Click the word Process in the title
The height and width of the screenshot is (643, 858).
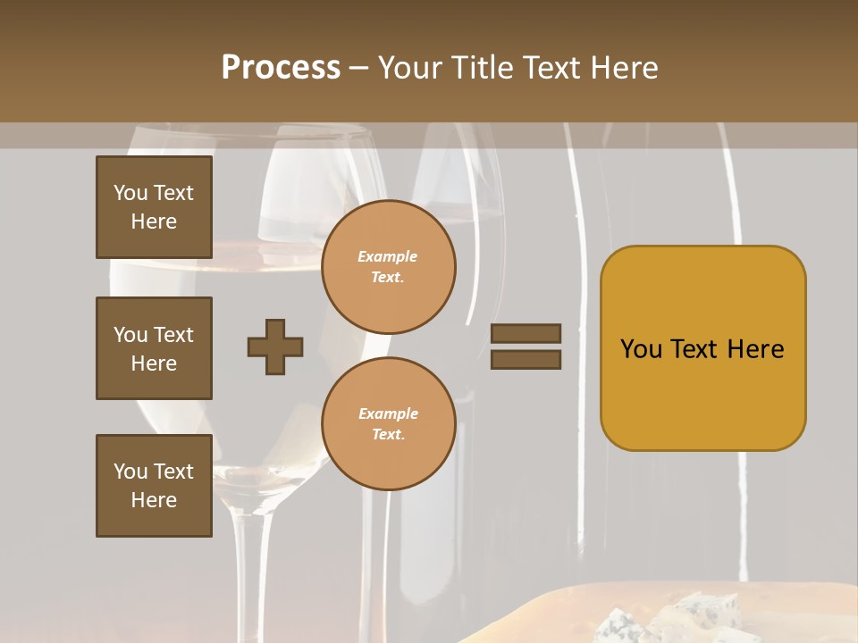281,68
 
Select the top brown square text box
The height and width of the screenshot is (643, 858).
154,207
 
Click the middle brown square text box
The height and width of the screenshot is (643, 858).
154,348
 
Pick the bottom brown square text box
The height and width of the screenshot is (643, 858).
154,486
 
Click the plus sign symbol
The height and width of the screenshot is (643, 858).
275,347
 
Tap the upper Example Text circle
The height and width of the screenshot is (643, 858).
389,266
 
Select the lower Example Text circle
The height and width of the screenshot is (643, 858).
389,423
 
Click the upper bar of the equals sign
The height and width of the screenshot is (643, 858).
526,333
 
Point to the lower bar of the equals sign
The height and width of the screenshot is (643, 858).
526,359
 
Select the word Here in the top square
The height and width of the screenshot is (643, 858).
154,221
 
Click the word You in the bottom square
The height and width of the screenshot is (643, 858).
130,471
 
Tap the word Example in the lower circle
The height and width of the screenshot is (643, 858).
388,413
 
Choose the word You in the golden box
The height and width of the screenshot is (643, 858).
641,349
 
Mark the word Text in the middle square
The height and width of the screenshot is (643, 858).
173,335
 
